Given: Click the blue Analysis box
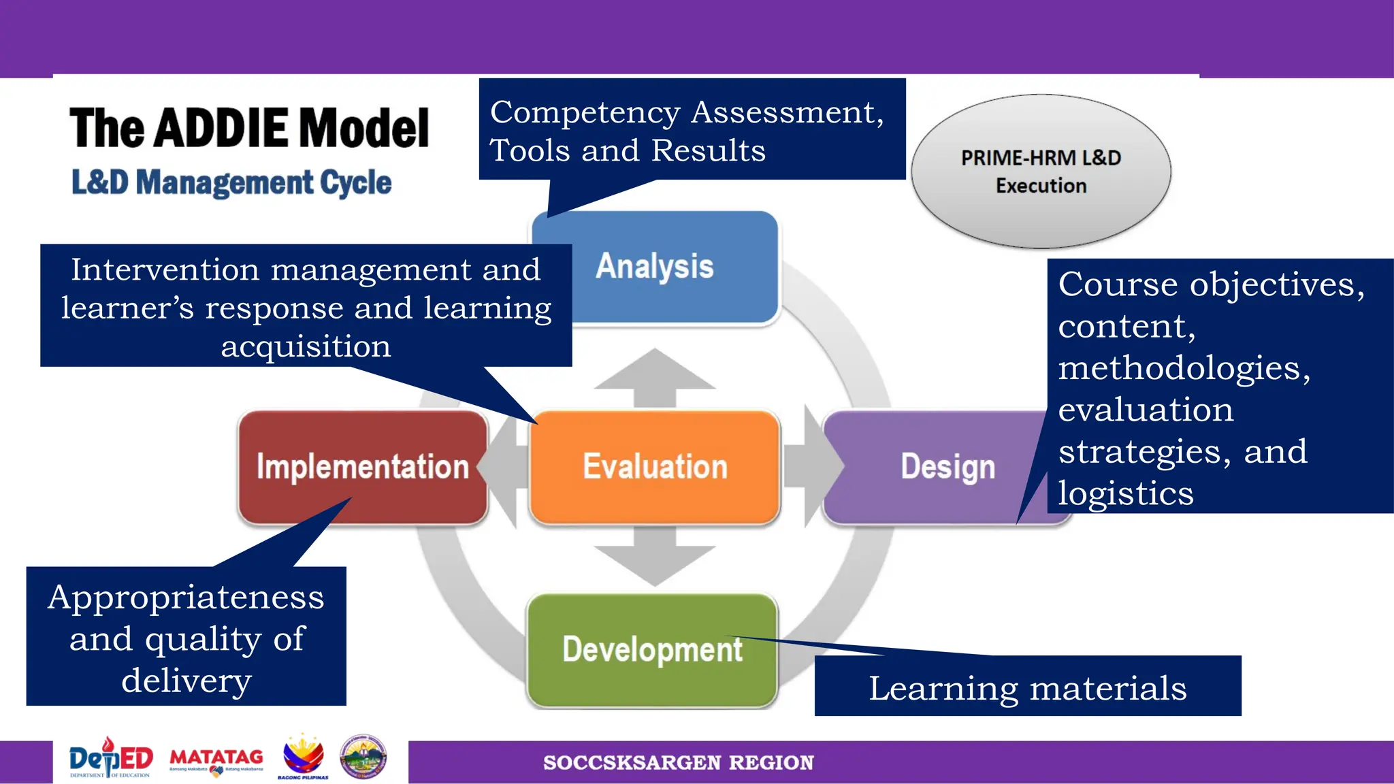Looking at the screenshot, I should pyautogui.click(x=655, y=267).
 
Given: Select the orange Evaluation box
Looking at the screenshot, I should pyautogui.click(x=655, y=467).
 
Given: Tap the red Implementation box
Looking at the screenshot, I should pyautogui.click(x=362, y=467).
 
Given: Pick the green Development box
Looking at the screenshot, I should pyautogui.click(x=652, y=650).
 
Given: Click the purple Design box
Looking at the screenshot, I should pyautogui.click(x=947, y=467).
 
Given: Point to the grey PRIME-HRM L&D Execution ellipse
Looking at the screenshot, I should pyautogui.click(x=1041, y=171).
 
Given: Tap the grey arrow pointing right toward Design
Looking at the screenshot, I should pyautogui.click(x=813, y=466).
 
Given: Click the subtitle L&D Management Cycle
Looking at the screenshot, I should pyautogui.click(x=231, y=182).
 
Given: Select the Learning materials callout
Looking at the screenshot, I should pyautogui.click(x=1027, y=687).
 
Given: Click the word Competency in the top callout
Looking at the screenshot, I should pyautogui.click(x=585, y=113).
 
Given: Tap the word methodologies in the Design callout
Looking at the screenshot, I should pyautogui.click(x=1184, y=368).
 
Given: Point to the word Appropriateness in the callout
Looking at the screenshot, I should pyautogui.click(x=186, y=598).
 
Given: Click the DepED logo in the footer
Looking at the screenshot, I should pyautogui.click(x=111, y=757).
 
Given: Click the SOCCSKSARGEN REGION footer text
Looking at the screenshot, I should pyautogui.click(x=678, y=762).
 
